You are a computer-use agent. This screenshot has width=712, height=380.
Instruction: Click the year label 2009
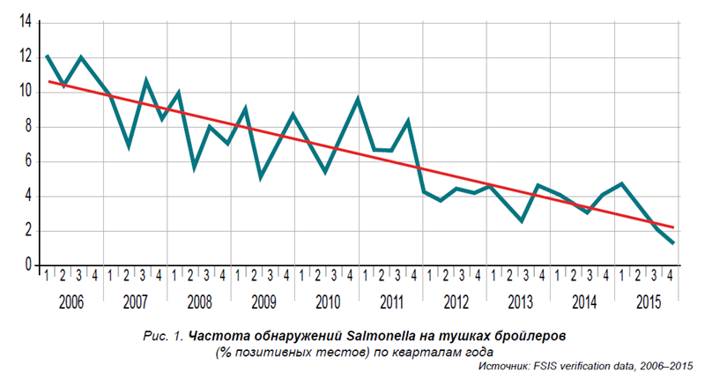263,302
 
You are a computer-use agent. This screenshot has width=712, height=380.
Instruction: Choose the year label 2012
456,302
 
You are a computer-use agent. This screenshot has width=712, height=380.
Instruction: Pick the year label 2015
648,302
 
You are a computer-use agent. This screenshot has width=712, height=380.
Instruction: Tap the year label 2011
391,302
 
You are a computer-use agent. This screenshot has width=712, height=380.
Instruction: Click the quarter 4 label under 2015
671,276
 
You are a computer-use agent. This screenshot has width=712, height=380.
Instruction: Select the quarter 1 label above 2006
47,276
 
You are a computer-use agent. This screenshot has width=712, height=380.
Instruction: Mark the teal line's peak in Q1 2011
358,98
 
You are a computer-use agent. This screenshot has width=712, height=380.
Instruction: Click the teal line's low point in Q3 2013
522,220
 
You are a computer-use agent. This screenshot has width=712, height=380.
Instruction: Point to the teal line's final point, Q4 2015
673,243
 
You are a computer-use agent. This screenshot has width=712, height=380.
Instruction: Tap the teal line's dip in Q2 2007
129,146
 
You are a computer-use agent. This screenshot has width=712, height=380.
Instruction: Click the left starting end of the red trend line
48,81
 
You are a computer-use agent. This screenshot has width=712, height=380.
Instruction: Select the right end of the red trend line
674,227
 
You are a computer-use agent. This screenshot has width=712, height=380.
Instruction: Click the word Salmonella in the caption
381,337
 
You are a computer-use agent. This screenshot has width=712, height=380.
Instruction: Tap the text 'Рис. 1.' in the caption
162,337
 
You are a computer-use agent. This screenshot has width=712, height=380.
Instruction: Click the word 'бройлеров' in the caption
526,337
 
